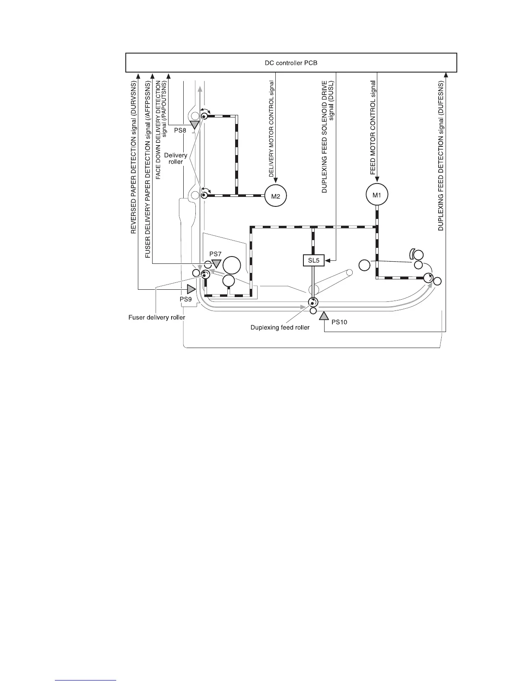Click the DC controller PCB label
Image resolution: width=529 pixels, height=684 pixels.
point(291,63)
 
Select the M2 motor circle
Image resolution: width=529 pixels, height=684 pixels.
point(275,196)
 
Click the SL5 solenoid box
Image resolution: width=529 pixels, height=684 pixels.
point(313,260)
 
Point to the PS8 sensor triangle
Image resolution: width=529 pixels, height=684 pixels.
point(195,125)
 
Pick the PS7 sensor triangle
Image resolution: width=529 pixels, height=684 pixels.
point(216,263)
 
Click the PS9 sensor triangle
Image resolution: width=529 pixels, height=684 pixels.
point(191,289)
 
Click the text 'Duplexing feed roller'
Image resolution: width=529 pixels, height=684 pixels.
point(280,327)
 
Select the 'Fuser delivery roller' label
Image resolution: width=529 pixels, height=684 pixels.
point(157,317)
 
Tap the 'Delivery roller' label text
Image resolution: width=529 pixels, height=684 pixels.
point(176,158)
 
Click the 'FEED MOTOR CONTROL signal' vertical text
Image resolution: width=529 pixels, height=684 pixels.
point(373,127)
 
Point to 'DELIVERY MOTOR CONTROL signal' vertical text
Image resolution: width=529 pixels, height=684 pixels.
point(271,129)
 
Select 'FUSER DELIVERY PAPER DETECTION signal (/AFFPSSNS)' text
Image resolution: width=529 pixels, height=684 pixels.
point(147,169)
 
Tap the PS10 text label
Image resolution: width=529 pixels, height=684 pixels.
point(339,322)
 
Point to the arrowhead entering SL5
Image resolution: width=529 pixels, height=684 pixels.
point(328,260)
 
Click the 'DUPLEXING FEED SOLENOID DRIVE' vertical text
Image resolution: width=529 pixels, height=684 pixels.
point(325,136)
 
